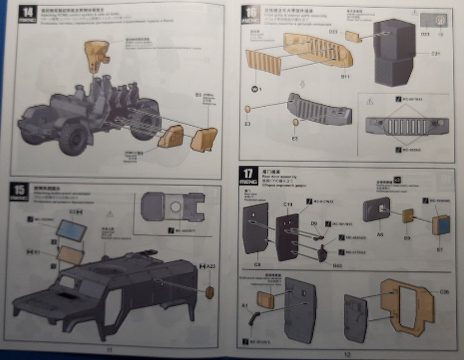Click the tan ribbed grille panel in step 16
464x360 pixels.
click(264, 62)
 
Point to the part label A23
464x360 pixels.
click(211, 266)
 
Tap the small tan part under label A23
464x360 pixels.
click(209, 292)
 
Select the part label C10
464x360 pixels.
click(288, 204)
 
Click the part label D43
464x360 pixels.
click(337, 265)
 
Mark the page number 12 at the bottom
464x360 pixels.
click(347, 355)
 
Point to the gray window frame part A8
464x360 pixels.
click(376, 210)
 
